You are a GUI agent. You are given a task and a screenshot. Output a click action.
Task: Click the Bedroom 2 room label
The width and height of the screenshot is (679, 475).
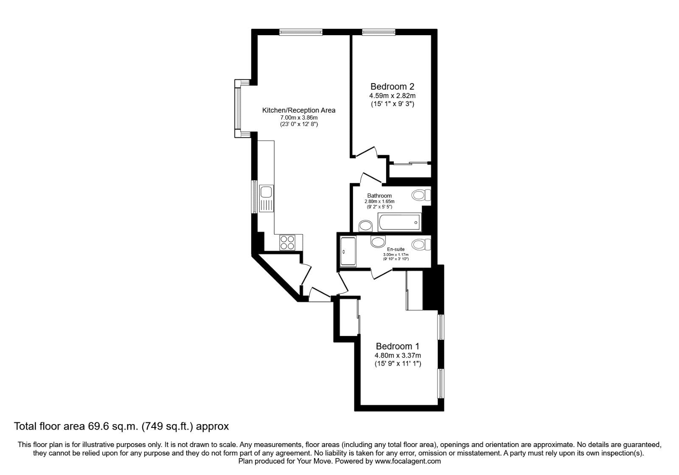(x=392, y=86)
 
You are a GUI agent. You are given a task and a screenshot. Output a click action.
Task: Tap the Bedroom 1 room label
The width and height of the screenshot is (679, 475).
(x=397, y=346)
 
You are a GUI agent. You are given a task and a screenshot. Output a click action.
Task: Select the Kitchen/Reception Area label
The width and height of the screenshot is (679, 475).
(x=298, y=110)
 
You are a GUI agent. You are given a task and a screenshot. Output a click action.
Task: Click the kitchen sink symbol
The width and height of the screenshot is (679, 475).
(x=266, y=198)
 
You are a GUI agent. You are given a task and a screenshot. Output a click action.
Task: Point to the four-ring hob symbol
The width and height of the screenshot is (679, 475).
(x=287, y=243)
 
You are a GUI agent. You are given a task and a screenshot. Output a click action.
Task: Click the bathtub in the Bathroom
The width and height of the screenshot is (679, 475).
(x=399, y=221)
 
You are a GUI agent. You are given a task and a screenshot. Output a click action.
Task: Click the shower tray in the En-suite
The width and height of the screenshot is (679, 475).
(x=348, y=251)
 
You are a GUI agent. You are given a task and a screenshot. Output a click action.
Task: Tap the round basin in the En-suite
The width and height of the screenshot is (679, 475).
(x=377, y=241)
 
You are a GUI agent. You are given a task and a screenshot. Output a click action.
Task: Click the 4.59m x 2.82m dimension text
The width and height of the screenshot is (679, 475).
(x=392, y=95)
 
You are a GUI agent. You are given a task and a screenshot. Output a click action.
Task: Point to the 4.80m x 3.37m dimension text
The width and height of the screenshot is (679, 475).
(x=398, y=355)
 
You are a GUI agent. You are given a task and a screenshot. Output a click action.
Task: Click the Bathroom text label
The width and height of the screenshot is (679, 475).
(x=379, y=196)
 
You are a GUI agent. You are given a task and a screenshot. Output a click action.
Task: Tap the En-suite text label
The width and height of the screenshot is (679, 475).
(x=396, y=249)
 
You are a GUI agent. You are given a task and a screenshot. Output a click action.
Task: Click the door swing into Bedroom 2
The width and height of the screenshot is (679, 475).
(x=368, y=152)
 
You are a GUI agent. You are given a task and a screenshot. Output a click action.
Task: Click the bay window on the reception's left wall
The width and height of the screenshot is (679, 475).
(x=238, y=108)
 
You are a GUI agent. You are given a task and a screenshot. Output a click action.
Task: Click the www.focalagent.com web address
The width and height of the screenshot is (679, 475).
(x=408, y=461)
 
